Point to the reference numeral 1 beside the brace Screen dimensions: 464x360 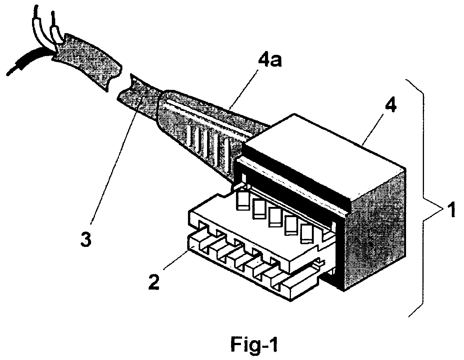tap(451, 210)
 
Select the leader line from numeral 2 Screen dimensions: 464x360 tap(176, 260)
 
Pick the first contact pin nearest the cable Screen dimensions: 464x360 tap(242, 200)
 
